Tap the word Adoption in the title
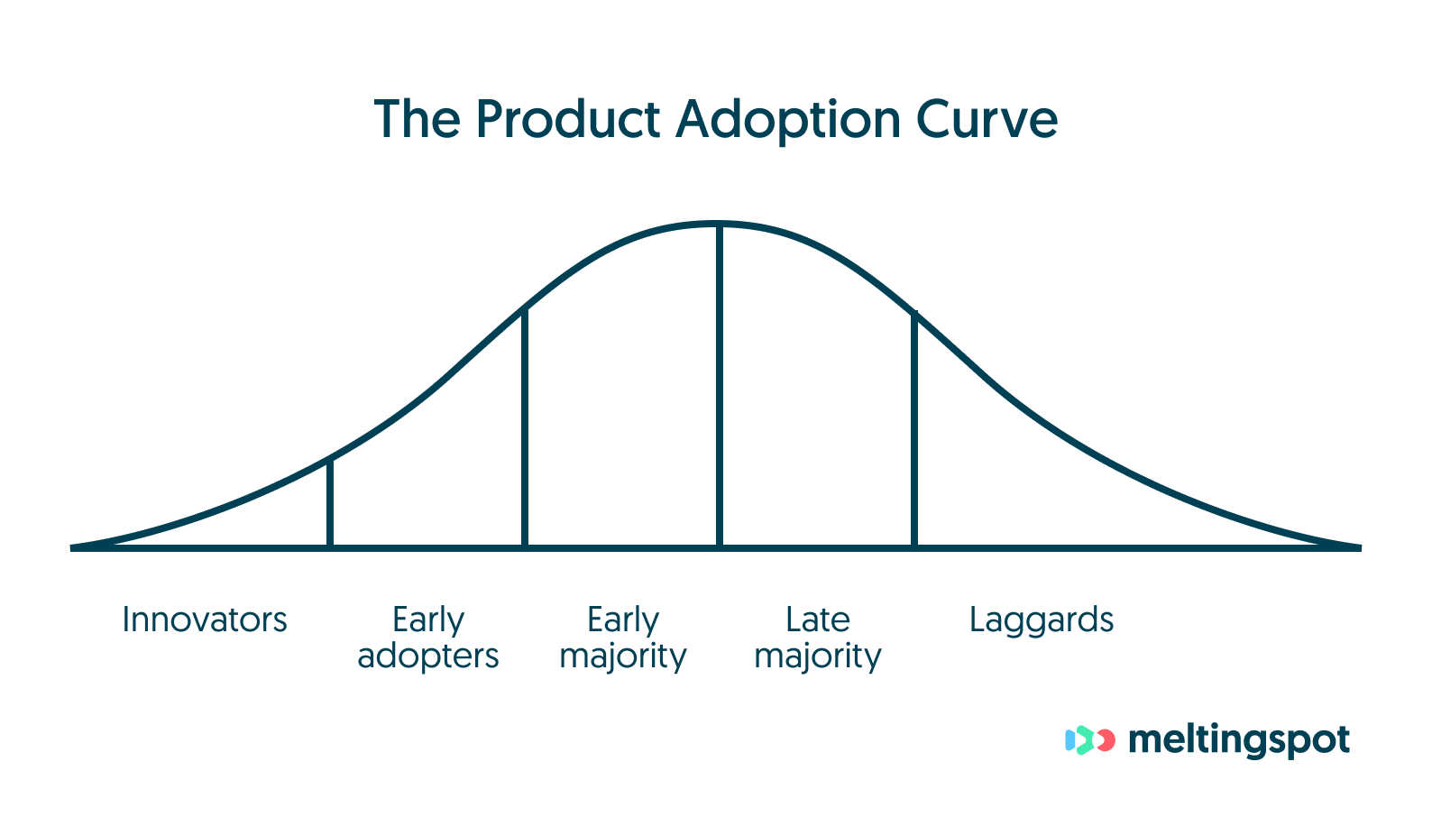[788, 121]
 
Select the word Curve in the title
[987, 119]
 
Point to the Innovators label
[205, 620]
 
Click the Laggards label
[1042, 621]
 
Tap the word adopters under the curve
[427, 656]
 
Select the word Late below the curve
[817, 619]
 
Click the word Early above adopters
[427, 620]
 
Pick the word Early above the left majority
[622, 620]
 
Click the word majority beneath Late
[817, 656]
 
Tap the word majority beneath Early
[622, 656]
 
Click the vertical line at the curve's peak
[720, 388]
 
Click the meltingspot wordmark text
[1238, 740]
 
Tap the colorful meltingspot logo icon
[1090, 740]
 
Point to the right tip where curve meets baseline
[1356, 546]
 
